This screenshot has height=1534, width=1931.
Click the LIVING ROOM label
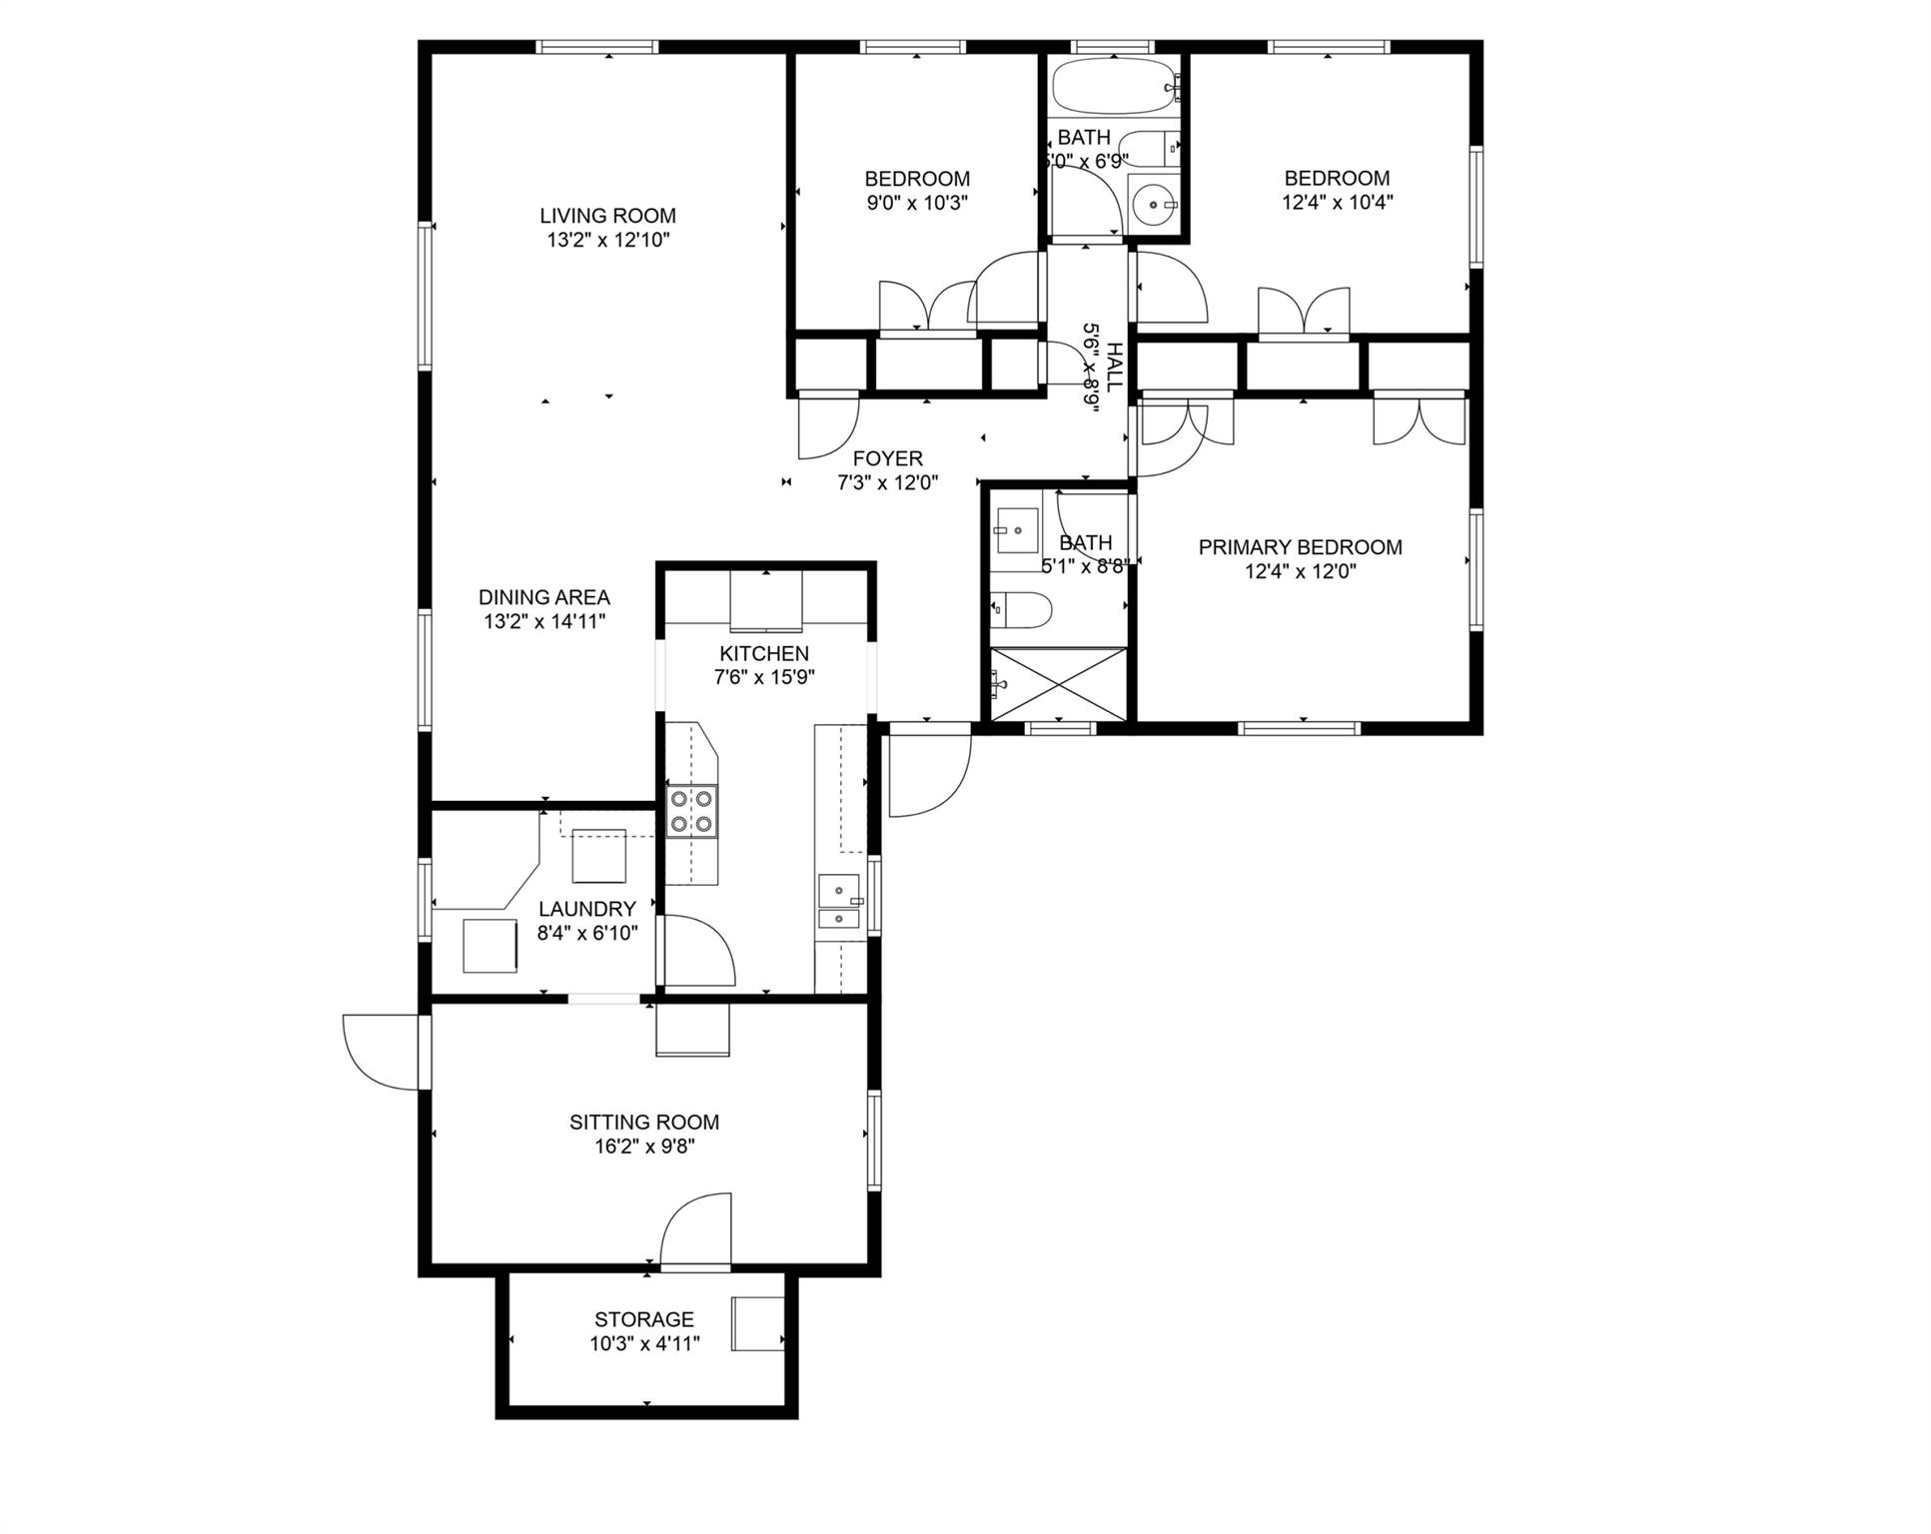(607, 216)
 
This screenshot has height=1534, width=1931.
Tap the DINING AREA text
(543, 597)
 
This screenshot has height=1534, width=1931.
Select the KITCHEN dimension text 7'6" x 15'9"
(764, 677)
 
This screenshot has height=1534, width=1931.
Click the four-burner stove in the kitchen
(691, 810)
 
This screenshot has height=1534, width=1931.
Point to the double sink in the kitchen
(839, 902)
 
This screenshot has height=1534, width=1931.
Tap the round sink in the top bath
(1155, 205)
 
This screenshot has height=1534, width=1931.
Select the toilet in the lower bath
(1020, 610)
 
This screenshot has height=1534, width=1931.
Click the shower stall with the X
(1058, 683)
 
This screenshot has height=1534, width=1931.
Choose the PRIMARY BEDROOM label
(1300, 547)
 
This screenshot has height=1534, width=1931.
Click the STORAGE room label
(644, 1319)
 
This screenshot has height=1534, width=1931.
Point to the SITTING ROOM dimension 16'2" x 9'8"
(644, 1146)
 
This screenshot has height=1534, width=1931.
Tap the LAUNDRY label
(587, 909)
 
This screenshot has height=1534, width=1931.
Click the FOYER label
(887, 458)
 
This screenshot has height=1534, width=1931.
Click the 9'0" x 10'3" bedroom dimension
(917, 203)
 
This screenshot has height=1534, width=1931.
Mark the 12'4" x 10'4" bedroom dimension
(1337, 202)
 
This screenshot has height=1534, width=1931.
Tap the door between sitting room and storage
(695, 1231)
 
